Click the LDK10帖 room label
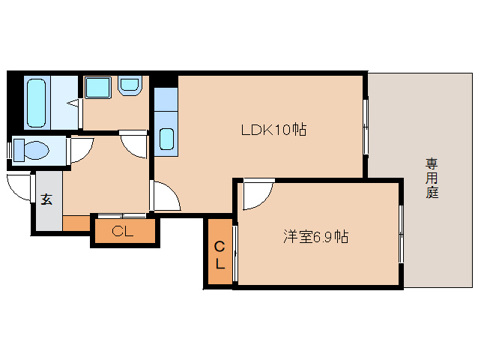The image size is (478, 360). [273, 130]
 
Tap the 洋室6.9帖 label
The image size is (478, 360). [315, 237]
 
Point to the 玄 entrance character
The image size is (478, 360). [46, 199]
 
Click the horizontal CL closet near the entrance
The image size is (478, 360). [124, 232]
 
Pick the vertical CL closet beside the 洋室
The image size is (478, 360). [220, 255]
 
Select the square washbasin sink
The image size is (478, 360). [97, 86]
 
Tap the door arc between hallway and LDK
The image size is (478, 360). [167, 196]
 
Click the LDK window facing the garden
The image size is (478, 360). [366, 126]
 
